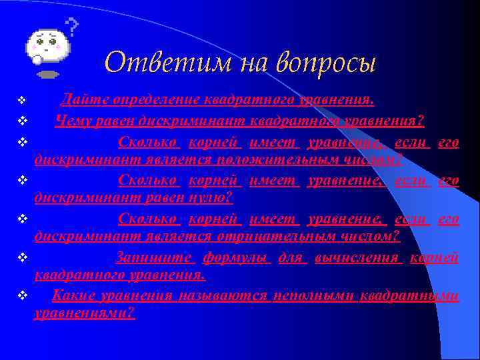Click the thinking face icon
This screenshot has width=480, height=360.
click(x=47, y=47)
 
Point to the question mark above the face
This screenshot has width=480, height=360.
click(x=72, y=27)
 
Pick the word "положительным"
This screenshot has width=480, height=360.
click(x=257, y=159)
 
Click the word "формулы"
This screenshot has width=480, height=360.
click(x=236, y=257)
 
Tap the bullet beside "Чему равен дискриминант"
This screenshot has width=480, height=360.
click(x=21, y=121)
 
